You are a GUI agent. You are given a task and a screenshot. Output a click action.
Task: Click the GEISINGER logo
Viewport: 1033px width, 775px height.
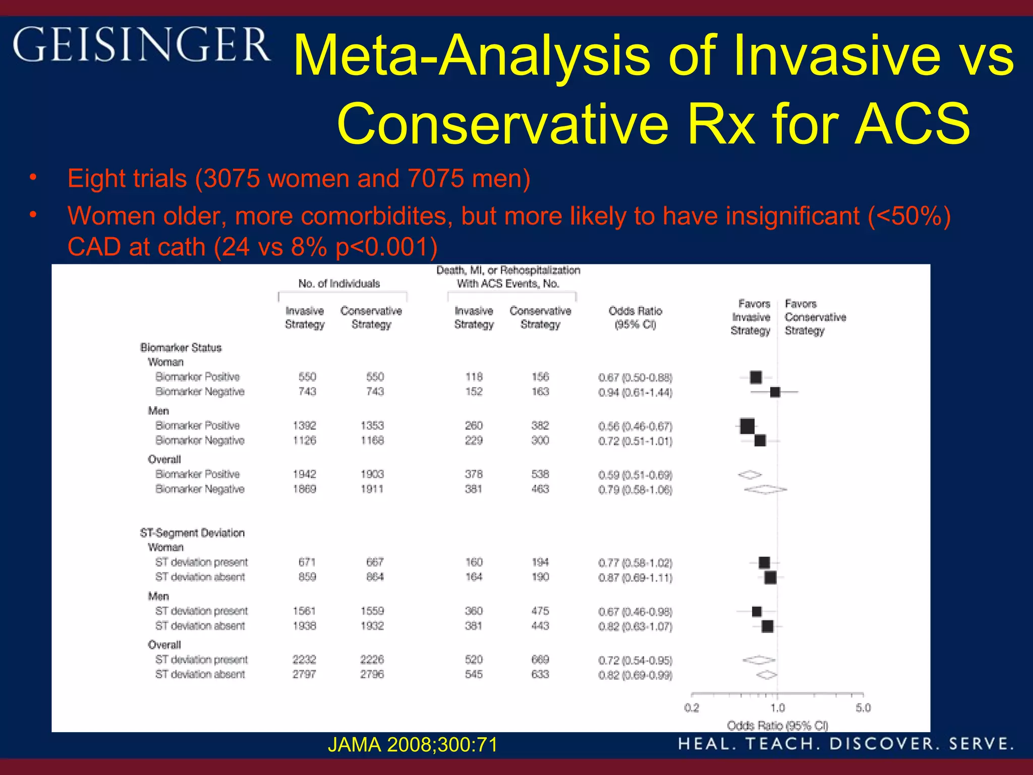pyautogui.click(x=141, y=45)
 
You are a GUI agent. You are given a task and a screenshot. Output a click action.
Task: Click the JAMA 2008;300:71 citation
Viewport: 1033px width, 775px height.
pyautogui.click(x=413, y=745)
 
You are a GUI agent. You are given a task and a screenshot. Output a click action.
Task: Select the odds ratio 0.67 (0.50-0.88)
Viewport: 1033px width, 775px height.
pyautogui.click(x=635, y=377)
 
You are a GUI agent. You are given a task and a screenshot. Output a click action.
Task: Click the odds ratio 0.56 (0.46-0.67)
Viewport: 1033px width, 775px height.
pyautogui.click(x=635, y=426)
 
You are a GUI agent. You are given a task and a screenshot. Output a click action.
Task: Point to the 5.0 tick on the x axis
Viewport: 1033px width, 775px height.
pyautogui.click(x=863, y=707)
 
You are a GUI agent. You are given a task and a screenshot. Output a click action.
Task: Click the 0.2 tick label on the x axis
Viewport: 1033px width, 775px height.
pyautogui.click(x=692, y=707)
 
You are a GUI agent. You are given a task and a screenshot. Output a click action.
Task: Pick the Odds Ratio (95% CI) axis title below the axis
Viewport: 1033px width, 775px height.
pyautogui.click(x=777, y=726)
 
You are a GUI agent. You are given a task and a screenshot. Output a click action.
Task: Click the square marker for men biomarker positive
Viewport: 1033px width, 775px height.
pyautogui.click(x=747, y=426)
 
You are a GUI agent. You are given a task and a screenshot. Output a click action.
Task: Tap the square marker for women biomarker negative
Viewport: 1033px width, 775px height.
pyautogui.click(x=775, y=392)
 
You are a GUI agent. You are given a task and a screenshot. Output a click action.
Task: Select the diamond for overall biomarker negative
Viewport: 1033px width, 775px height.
pyautogui.click(x=765, y=489)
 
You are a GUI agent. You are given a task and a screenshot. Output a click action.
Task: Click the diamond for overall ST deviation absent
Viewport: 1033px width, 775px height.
pyautogui.click(x=767, y=675)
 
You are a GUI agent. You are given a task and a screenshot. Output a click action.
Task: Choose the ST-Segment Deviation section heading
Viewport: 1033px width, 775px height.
pyautogui.click(x=192, y=533)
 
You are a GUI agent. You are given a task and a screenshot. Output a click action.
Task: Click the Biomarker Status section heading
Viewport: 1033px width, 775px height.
pyautogui.click(x=181, y=348)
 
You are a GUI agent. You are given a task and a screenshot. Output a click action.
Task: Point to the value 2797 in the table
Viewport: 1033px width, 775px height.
pyautogui.click(x=304, y=674)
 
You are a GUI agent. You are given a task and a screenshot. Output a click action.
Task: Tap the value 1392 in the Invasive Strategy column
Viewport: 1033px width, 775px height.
pyautogui.click(x=304, y=425)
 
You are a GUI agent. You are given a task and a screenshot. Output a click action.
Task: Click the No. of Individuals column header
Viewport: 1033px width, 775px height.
pyautogui.click(x=339, y=284)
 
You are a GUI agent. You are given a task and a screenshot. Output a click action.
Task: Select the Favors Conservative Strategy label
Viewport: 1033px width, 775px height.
pyautogui.click(x=815, y=317)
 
